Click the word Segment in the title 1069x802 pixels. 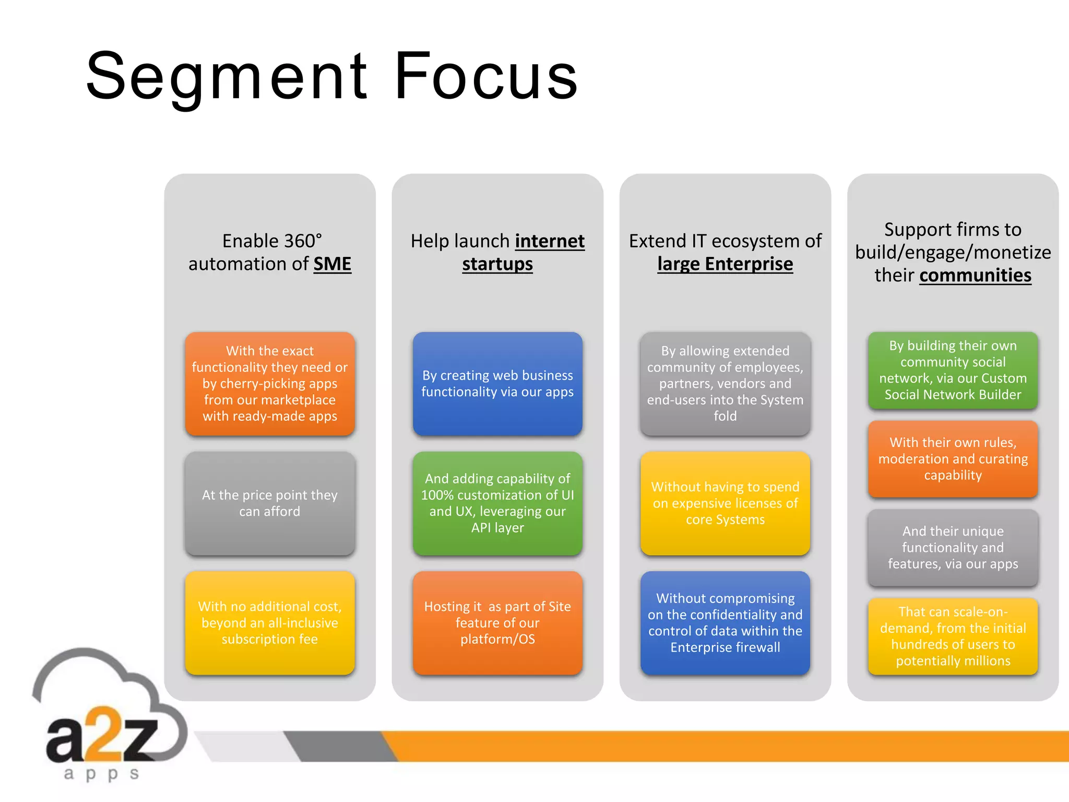227,77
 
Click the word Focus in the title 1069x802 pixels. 485,77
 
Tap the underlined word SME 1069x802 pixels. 332,264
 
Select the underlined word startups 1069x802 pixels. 497,264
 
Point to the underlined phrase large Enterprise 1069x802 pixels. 725,264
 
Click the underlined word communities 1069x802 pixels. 975,276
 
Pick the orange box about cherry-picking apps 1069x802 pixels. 270,384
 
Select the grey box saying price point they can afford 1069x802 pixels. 270,503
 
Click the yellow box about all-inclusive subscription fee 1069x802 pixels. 270,623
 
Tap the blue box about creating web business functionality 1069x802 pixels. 497,384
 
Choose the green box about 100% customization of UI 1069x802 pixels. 497,503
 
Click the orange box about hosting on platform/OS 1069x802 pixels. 497,623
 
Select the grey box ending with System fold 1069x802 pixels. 725,384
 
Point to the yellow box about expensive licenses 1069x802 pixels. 725,503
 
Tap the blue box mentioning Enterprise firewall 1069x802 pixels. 725,623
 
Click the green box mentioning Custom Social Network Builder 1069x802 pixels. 953,370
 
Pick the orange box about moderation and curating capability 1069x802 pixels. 953,459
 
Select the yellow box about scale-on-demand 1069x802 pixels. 953,636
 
